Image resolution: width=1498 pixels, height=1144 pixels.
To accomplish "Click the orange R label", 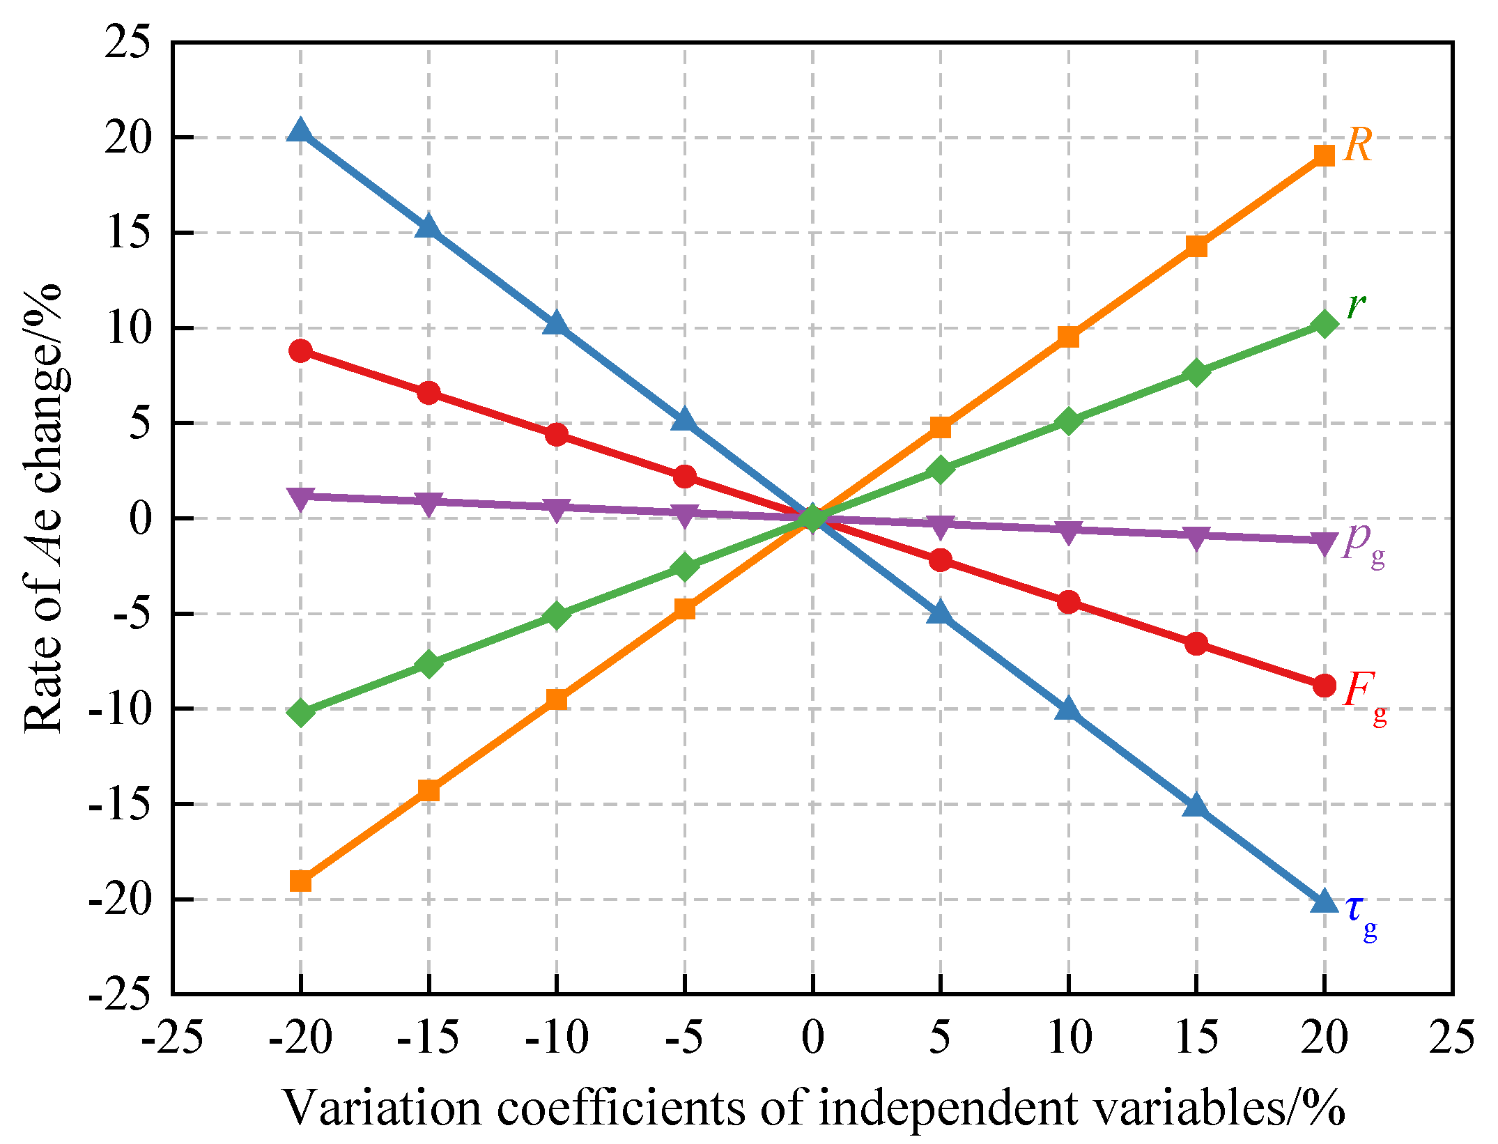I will click(1357, 146).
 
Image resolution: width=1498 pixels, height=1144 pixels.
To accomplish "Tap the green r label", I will click(1356, 306).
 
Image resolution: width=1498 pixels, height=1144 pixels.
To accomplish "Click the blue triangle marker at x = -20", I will click(300, 130).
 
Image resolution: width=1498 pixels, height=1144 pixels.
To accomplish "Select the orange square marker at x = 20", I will click(1324, 155).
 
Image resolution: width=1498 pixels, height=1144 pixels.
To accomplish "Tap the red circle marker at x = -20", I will click(300, 350).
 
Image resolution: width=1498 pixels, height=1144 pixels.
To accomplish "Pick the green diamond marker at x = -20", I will click(300, 713).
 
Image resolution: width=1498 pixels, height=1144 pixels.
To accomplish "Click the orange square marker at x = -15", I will click(428, 790).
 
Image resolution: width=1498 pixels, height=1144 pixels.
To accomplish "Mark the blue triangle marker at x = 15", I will click(1196, 806).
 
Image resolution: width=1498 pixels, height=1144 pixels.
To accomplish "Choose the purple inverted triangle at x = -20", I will click(300, 498).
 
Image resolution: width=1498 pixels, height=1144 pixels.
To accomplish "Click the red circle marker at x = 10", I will click(1068, 602).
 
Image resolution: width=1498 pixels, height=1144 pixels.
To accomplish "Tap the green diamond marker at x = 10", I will click(1068, 422).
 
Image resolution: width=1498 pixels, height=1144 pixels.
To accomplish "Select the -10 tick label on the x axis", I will click(556, 1038).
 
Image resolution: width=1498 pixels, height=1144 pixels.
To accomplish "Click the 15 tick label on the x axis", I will click(1196, 1038).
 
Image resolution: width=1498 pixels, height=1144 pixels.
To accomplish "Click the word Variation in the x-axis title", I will click(382, 1108).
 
